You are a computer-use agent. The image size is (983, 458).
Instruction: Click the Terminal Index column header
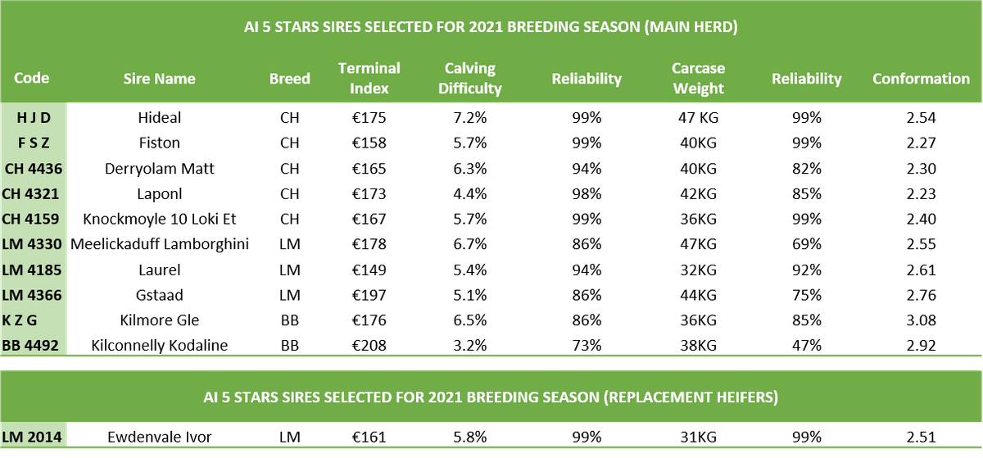(x=369, y=78)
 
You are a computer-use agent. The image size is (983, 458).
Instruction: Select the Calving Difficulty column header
(x=469, y=78)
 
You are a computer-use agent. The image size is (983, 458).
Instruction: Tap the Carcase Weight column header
(x=698, y=78)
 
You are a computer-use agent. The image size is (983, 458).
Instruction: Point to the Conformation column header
(x=921, y=79)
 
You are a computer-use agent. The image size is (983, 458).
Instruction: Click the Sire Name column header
(x=159, y=79)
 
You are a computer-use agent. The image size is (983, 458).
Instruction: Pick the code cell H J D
(x=34, y=118)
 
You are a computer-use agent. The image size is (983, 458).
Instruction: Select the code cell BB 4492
(x=30, y=346)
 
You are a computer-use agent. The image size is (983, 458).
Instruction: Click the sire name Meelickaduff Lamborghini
(x=159, y=244)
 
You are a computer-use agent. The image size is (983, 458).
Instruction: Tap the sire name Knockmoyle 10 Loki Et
(x=159, y=219)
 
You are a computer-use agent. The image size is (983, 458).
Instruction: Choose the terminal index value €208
(x=369, y=346)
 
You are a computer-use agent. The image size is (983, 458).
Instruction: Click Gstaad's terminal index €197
(x=369, y=295)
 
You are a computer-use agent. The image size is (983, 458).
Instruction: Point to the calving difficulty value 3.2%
(x=470, y=346)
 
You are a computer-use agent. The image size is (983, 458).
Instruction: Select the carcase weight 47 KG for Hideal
(x=698, y=118)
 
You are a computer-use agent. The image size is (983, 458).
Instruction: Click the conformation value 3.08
(x=921, y=320)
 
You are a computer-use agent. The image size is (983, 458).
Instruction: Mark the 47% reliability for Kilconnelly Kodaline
(x=807, y=346)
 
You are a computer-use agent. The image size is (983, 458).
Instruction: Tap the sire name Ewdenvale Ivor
(x=159, y=437)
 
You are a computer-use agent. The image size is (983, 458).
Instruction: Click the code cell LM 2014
(x=32, y=437)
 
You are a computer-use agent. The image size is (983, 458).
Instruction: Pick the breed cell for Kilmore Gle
(x=290, y=320)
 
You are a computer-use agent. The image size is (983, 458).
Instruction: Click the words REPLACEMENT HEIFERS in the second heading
(x=691, y=397)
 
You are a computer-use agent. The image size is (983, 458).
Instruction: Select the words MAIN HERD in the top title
(x=691, y=27)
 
